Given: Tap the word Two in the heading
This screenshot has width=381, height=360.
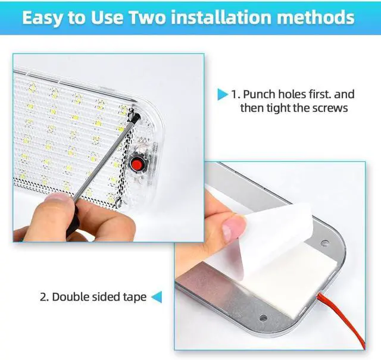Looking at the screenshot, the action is click(147, 17).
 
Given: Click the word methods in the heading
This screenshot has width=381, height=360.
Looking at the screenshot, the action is click(316, 17).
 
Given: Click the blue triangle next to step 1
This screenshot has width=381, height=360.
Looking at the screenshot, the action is click(222, 95).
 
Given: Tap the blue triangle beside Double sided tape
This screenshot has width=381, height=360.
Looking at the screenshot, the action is click(157, 297).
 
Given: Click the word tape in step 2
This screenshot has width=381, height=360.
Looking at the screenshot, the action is click(135, 298).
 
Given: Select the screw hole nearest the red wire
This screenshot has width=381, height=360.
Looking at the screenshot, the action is click(263, 318).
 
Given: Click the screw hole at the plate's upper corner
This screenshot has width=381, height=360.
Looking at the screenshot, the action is click(324, 243).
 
